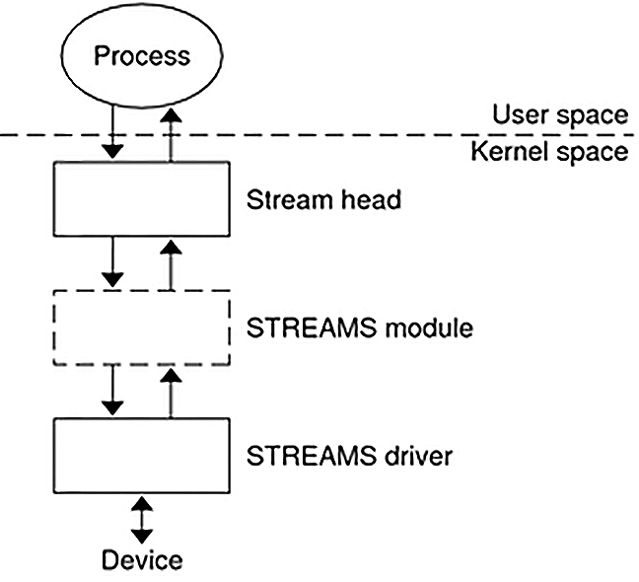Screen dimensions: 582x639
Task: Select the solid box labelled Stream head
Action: pyautogui.click(x=142, y=200)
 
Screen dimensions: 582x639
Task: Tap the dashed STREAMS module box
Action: pyautogui.click(x=142, y=327)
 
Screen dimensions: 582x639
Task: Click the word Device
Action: pyautogui.click(x=143, y=560)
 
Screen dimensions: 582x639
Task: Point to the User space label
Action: pyautogui.click(x=560, y=114)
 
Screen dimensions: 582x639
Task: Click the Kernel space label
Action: pyautogui.click(x=549, y=152)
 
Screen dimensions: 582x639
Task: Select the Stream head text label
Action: pyautogui.click(x=323, y=200)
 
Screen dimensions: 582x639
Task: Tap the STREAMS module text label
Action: pyautogui.click(x=359, y=327)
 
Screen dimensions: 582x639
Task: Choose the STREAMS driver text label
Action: pyautogui.click(x=349, y=457)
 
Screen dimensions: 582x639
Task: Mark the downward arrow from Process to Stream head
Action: pyautogui.click(x=113, y=134)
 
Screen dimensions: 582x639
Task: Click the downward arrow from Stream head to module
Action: pyautogui.click(x=113, y=262)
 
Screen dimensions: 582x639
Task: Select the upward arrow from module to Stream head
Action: pyautogui.click(x=172, y=264)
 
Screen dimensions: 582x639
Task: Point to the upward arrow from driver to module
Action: pyautogui.click(x=172, y=392)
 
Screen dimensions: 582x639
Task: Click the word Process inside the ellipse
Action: pyautogui.click(x=142, y=56)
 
